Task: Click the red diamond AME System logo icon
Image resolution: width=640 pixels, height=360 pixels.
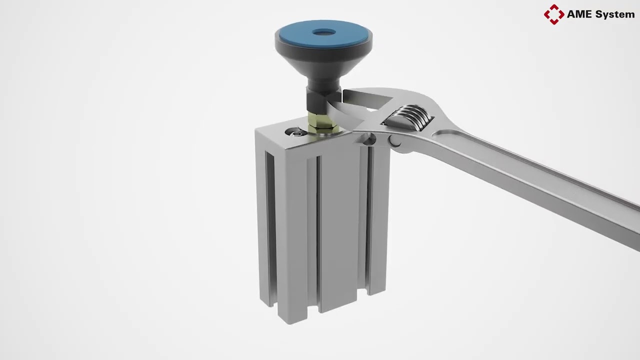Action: click(553, 14)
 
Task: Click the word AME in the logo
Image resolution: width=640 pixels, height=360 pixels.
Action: click(579, 14)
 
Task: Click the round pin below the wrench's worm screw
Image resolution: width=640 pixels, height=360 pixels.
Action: click(395, 142)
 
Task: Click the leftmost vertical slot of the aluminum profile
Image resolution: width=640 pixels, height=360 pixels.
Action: click(270, 225)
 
